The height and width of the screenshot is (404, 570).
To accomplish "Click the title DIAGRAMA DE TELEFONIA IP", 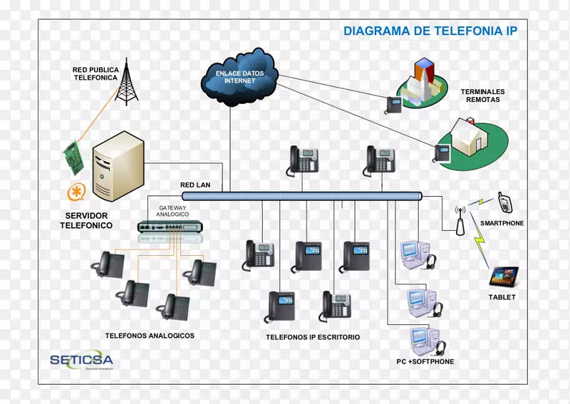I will [x=430, y=31].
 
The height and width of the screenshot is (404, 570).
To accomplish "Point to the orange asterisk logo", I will [x=76, y=192].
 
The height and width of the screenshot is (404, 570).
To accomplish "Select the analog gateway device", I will [x=171, y=227].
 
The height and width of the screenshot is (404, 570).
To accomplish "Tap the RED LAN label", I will [x=195, y=185].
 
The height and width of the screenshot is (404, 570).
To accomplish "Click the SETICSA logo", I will [x=81, y=360].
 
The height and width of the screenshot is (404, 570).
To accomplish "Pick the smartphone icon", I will [x=504, y=202].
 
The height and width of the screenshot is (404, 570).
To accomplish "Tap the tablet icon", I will [x=503, y=276].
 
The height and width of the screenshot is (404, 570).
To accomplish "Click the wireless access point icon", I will [x=460, y=222].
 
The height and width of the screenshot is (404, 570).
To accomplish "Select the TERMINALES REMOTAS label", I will [x=482, y=95].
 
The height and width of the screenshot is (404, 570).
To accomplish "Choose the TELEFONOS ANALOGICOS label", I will [x=150, y=336].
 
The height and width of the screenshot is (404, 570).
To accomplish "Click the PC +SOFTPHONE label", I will [x=425, y=361].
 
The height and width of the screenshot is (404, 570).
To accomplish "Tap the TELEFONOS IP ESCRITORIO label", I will [x=313, y=337].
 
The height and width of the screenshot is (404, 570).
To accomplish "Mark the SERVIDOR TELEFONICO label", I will [x=86, y=220].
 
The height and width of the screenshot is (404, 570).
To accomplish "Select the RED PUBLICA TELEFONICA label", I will [x=94, y=74].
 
